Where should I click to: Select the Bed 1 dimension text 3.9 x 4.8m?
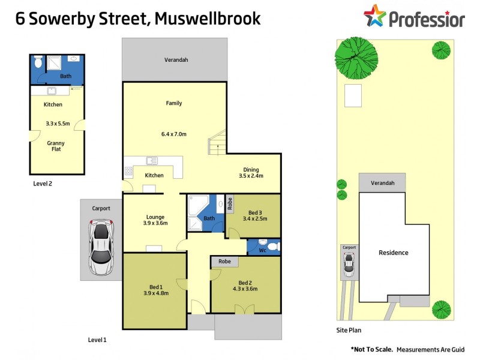(x=155, y=293)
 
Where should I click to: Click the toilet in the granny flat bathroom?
(x=38, y=62)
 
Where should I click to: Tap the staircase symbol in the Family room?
(x=217, y=142)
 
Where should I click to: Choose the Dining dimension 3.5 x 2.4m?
(x=251, y=176)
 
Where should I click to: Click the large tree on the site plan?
(x=356, y=57)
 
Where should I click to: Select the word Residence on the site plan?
(x=393, y=253)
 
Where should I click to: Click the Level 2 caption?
(x=43, y=184)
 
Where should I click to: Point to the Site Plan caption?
(x=349, y=330)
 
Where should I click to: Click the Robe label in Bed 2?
(x=224, y=262)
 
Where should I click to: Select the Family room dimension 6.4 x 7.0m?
(x=174, y=134)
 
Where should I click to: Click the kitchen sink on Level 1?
(x=152, y=161)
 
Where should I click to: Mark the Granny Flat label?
(x=56, y=147)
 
